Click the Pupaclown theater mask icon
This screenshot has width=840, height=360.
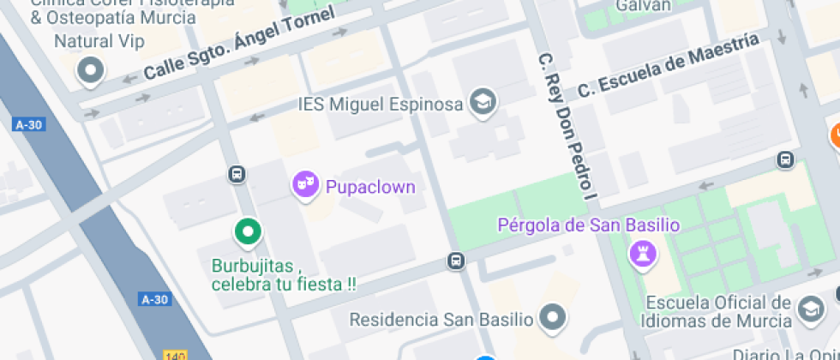pyautogui.click(x=305, y=184)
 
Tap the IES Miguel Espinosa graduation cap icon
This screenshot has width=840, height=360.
pyautogui.click(x=483, y=103)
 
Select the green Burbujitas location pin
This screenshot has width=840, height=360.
pyautogui.click(x=248, y=231)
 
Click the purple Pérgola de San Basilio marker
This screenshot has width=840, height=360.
pyautogui.click(x=644, y=252)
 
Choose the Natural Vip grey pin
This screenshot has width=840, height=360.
pyautogui.click(x=89, y=70)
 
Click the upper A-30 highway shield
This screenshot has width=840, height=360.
pyautogui.click(x=28, y=125)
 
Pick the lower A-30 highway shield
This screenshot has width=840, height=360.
pyautogui.click(x=154, y=299)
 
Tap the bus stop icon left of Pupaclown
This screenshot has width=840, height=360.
pyautogui.click(x=237, y=175)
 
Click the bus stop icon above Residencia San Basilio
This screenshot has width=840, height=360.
pyautogui.click(x=457, y=261)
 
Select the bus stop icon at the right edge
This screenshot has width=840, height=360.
pyautogui.click(x=784, y=159)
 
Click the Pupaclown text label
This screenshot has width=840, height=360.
pyautogui.click(x=369, y=186)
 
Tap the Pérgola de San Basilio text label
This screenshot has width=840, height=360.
pyautogui.click(x=589, y=225)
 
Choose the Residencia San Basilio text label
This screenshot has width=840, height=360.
pyautogui.click(x=441, y=320)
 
